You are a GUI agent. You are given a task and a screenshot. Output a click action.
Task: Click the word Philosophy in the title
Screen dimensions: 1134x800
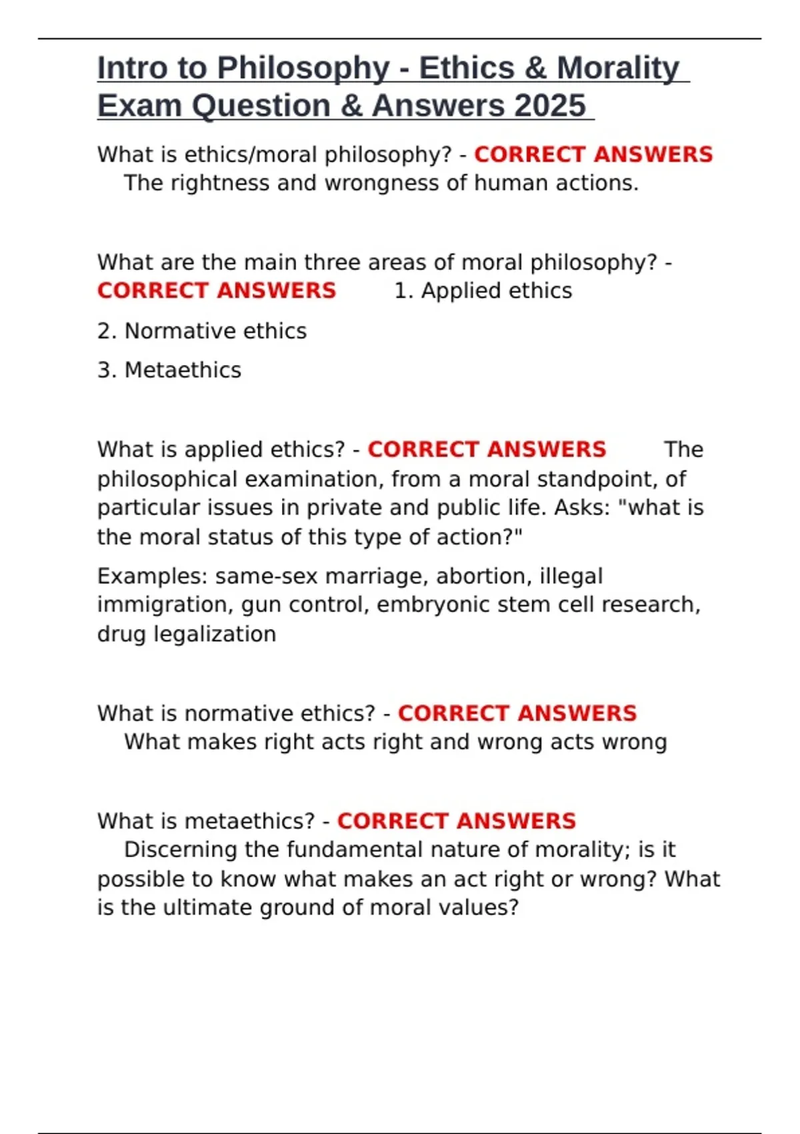pos(303,69)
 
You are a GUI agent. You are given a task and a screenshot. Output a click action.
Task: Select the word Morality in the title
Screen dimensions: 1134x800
pos(618,69)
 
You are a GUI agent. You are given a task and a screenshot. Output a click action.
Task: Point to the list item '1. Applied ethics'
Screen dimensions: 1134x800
pos(483,291)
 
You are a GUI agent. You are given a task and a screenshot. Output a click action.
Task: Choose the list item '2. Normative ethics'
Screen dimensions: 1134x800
pos(202,331)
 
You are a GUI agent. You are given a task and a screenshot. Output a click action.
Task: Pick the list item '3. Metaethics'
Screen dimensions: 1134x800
pos(169,370)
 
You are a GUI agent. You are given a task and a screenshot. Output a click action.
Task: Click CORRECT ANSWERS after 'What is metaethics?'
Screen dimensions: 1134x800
pos(456,821)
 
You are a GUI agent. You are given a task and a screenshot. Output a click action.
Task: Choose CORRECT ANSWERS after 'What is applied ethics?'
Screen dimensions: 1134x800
pos(487,450)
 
